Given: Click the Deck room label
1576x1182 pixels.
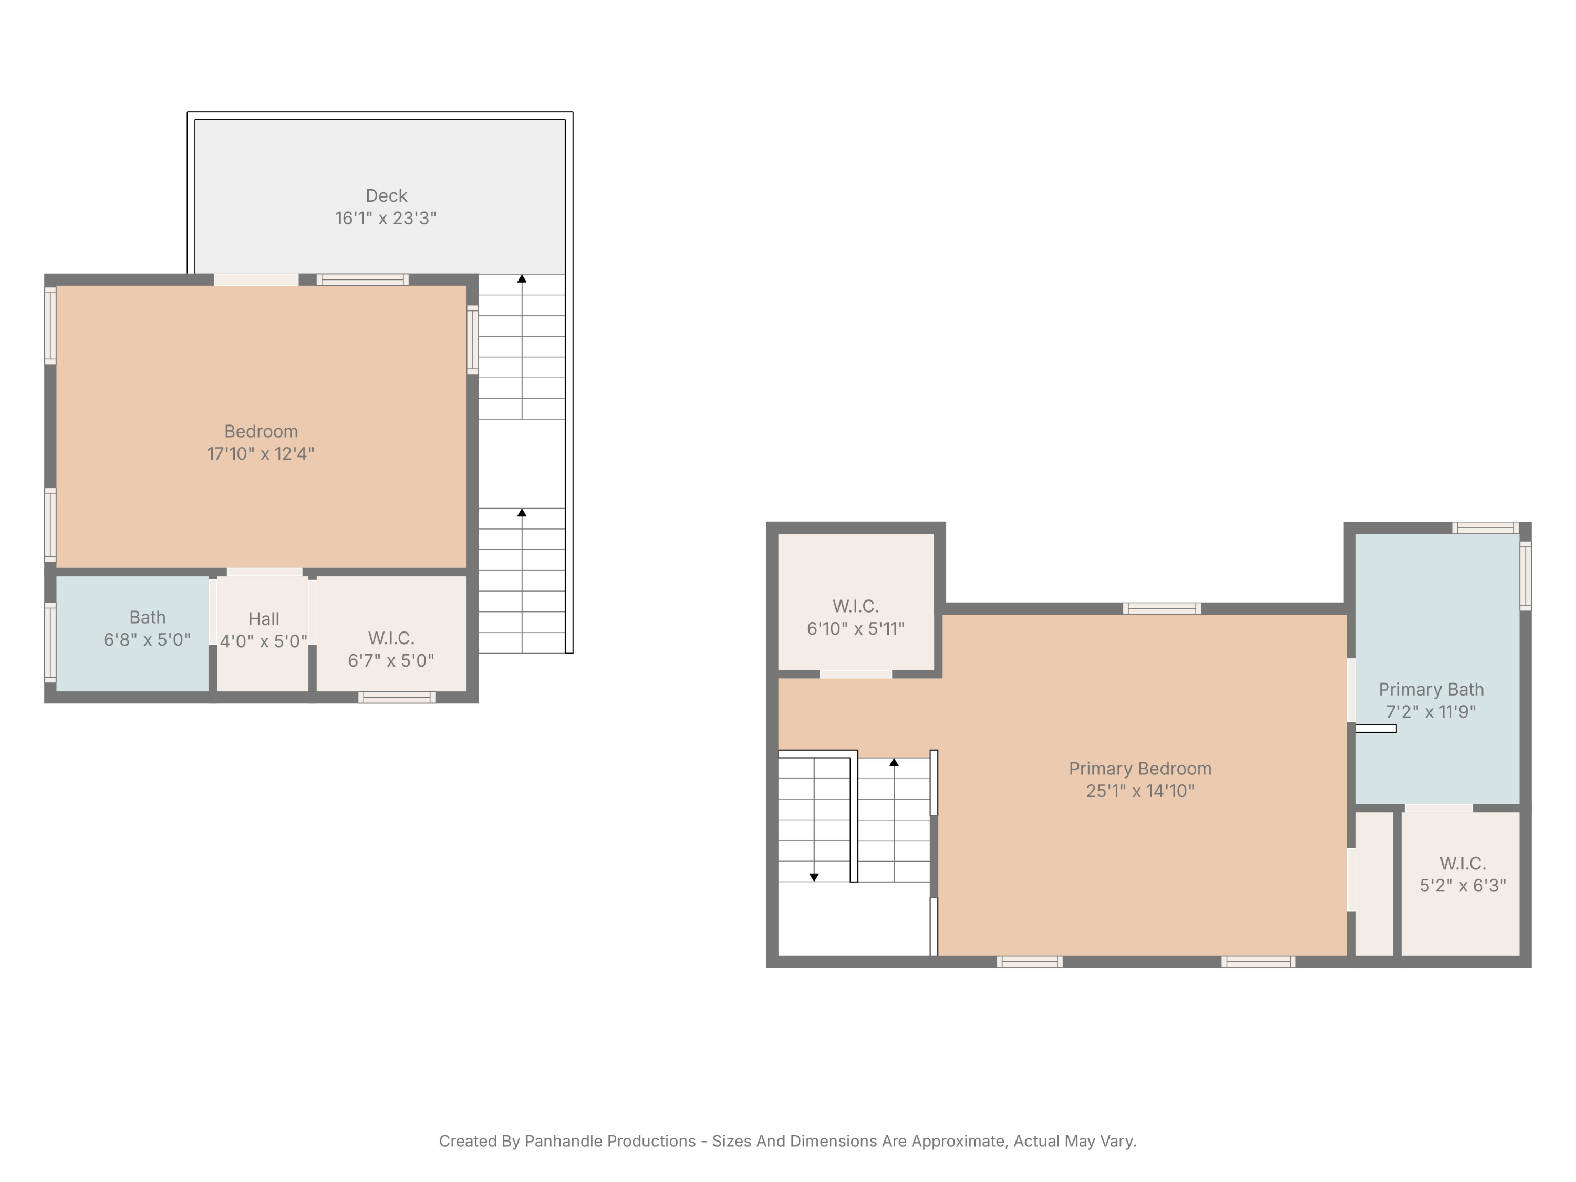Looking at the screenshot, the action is click(386, 195).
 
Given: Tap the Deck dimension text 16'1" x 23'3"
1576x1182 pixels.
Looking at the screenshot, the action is click(386, 218).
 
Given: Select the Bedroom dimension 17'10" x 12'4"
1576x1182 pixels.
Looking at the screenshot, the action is click(261, 454).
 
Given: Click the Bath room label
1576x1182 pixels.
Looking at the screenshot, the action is click(148, 617).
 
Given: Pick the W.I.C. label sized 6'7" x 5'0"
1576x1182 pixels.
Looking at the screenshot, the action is click(391, 638).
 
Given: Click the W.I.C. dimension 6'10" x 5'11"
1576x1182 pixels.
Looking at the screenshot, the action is click(856, 628).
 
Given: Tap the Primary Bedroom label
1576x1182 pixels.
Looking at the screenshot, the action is click(1140, 768).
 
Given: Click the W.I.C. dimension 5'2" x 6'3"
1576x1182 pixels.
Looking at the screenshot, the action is click(1463, 886).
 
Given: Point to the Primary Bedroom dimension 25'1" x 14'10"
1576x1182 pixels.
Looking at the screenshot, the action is click(1140, 791).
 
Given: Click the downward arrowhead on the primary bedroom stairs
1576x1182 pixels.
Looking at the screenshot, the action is click(814, 877).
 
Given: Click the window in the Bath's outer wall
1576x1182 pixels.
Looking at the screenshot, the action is click(50, 642).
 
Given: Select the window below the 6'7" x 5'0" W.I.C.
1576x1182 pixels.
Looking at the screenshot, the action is click(397, 697).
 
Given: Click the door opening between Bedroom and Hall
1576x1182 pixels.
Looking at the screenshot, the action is click(264, 572).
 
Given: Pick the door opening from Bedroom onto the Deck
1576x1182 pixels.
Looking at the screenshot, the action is click(256, 280).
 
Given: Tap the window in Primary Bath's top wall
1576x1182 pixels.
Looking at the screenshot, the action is click(1486, 528).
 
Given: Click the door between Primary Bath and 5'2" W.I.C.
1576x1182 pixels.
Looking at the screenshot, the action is click(1438, 808).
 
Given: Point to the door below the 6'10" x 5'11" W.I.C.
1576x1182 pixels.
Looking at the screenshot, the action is click(856, 674).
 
